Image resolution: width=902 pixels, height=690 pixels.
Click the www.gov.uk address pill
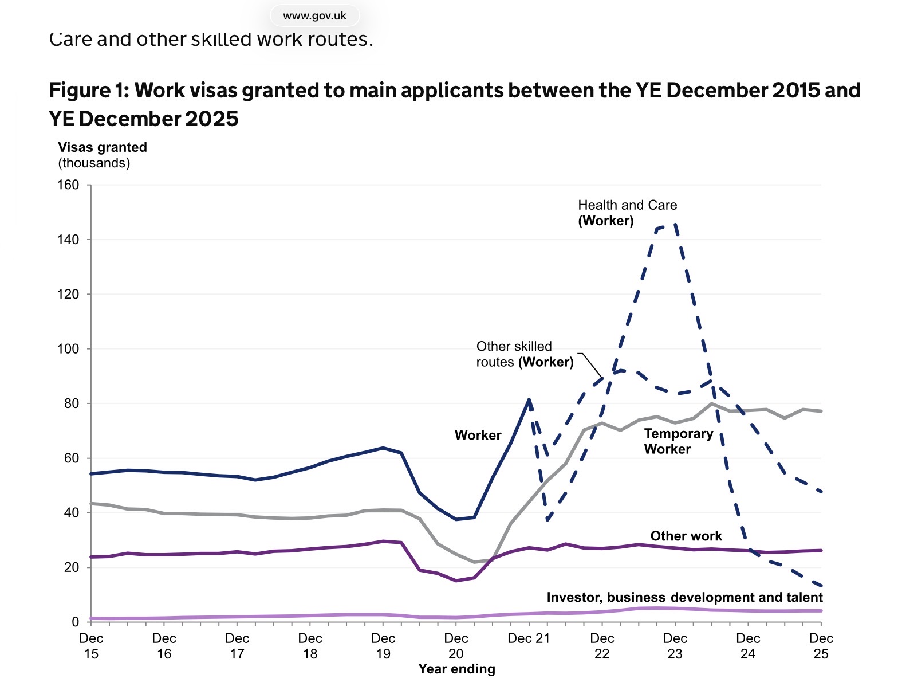(x=314, y=15)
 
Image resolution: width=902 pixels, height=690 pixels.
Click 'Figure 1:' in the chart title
(x=89, y=91)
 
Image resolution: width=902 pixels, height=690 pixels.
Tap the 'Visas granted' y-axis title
(x=103, y=147)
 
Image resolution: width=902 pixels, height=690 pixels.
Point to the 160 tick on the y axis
(x=68, y=185)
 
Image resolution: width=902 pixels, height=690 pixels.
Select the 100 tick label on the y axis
(x=68, y=349)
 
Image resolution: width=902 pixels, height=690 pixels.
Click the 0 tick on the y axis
(x=75, y=622)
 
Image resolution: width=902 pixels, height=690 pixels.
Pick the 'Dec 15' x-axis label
(x=91, y=646)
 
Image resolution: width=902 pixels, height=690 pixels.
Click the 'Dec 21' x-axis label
(x=529, y=638)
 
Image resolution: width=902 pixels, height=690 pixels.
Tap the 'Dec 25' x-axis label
(x=821, y=646)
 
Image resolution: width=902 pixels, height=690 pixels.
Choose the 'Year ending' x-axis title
(x=456, y=669)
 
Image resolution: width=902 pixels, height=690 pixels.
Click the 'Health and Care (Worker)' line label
(x=627, y=213)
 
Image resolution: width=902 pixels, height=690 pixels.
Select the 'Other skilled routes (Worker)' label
(x=525, y=354)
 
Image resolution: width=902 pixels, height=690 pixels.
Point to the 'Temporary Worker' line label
(x=678, y=441)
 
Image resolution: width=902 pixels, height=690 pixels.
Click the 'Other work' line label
(x=686, y=536)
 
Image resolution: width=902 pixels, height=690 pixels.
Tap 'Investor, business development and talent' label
(x=684, y=597)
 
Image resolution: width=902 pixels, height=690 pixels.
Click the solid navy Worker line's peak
(x=529, y=399)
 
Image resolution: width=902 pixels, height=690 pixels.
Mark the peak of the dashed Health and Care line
(x=675, y=224)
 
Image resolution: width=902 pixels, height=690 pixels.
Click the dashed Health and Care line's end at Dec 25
(x=821, y=586)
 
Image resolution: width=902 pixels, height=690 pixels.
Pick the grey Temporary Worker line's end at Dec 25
(x=821, y=411)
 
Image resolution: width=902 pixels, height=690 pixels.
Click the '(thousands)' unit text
(x=94, y=163)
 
